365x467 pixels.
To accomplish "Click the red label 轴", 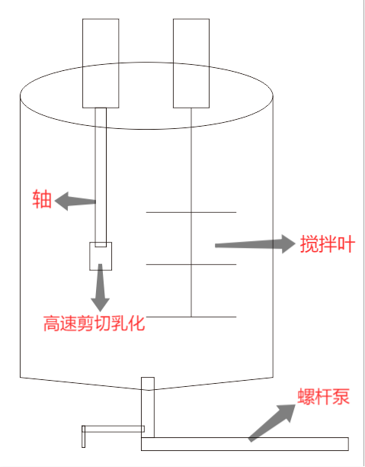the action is click(x=42, y=199).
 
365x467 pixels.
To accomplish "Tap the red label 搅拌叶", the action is click(x=327, y=244).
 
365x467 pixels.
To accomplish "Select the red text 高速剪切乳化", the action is click(x=94, y=324).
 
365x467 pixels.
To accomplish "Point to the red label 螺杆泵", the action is click(x=323, y=397).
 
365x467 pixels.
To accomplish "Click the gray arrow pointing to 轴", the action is click(x=75, y=201).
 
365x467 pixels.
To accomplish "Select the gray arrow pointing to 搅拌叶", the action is click(x=255, y=244).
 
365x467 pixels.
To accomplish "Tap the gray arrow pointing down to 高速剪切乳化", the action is click(x=101, y=287).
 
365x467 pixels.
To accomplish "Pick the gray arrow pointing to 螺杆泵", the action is click(x=272, y=423).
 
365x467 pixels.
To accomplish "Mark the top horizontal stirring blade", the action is click(x=191, y=212).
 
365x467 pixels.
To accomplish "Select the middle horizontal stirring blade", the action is click(x=191, y=264).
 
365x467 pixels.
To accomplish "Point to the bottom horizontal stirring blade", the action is click(x=191, y=317).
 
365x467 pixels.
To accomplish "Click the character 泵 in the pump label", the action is click(x=341, y=397).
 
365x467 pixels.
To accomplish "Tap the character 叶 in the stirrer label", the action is click(x=346, y=244).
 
